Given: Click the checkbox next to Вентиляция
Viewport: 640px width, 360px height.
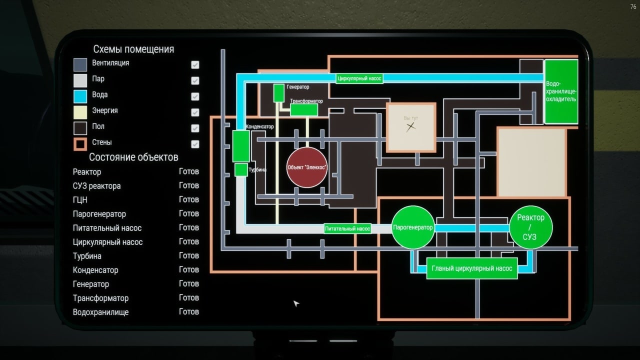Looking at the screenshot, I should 195,64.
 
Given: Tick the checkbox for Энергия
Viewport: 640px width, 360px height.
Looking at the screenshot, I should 195,112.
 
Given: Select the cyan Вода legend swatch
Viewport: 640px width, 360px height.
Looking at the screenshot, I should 80,96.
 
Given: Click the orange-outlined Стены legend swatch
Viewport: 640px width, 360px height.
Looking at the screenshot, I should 80,144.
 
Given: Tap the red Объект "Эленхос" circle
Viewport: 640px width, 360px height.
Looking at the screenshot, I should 307,167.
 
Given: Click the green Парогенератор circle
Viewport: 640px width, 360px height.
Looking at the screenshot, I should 412,227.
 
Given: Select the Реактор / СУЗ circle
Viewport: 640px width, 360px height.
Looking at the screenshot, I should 530,227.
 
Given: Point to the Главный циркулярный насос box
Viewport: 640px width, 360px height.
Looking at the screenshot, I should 472,268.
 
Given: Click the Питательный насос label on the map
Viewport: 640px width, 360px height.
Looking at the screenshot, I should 347,228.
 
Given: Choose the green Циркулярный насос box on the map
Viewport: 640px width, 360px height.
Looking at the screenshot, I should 359,78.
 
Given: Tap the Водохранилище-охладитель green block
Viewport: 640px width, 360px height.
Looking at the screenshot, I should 561,91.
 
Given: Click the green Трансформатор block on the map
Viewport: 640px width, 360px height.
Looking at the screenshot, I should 304,109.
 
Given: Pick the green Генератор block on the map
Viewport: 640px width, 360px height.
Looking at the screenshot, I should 278,92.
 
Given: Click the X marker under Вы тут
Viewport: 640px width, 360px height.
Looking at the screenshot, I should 411,127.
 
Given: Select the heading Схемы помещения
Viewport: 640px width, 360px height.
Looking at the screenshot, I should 133,49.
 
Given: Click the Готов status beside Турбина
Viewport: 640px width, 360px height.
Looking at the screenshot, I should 189,255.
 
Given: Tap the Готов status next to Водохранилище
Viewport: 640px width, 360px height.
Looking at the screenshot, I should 189,311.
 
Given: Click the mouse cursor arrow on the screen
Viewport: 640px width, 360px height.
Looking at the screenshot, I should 296,303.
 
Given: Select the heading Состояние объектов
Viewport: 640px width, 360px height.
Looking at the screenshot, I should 133,157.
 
